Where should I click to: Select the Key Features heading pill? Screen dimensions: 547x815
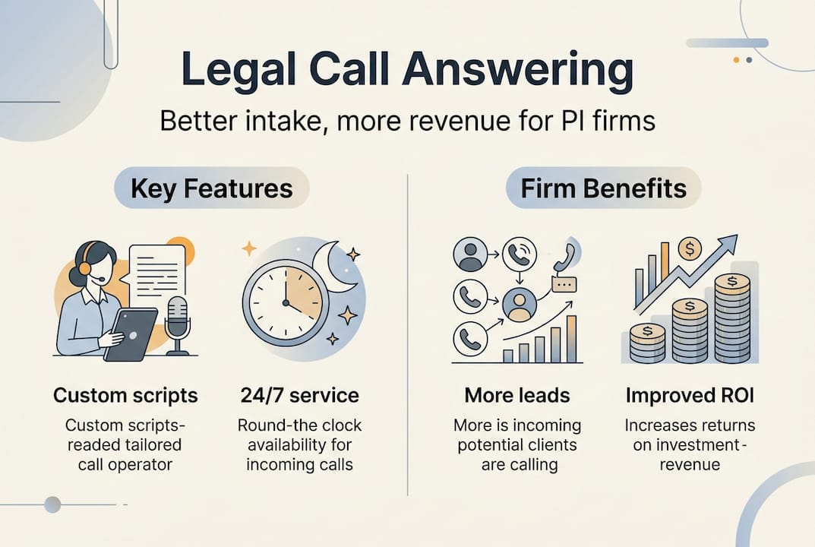click(x=211, y=188)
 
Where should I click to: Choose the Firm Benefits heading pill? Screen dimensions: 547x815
click(x=603, y=188)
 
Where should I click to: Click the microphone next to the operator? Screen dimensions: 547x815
click(x=177, y=319)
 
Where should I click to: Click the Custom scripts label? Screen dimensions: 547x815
click(x=125, y=395)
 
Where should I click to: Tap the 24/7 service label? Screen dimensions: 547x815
click(x=299, y=395)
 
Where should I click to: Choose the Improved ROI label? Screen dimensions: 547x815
click(x=690, y=395)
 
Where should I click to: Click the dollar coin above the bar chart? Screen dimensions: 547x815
click(x=689, y=248)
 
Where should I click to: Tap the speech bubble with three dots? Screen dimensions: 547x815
click(x=564, y=283)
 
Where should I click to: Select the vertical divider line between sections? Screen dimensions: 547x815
click(x=408, y=334)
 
